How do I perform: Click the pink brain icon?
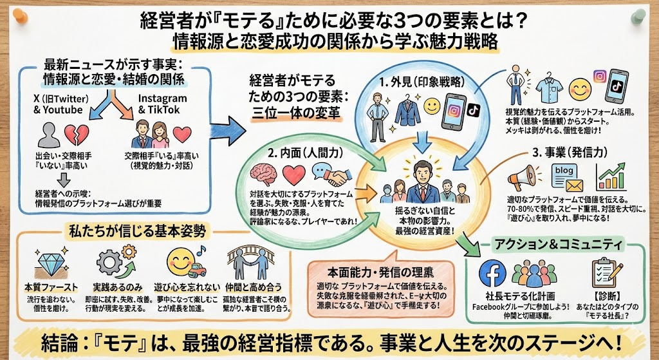263,174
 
